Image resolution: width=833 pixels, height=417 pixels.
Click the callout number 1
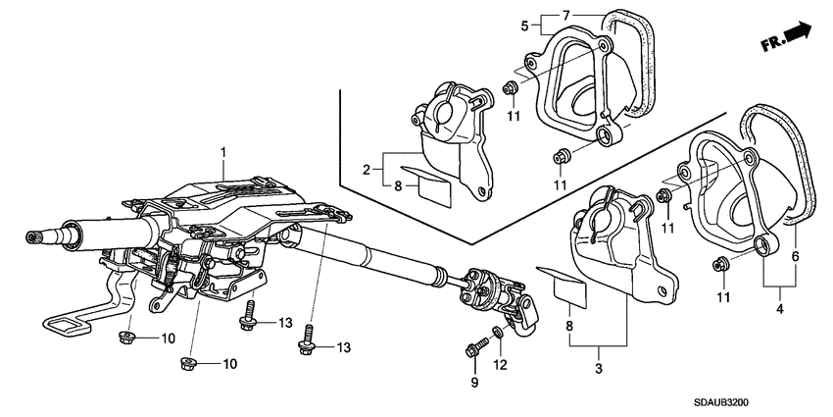tap(223, 152)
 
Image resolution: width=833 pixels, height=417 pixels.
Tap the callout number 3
tap(599, 366)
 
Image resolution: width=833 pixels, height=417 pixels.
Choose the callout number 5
tap(524, 25)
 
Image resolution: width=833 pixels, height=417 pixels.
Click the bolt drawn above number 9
tap(478, 345)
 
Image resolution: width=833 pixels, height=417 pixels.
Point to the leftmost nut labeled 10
tap(126, 339)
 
